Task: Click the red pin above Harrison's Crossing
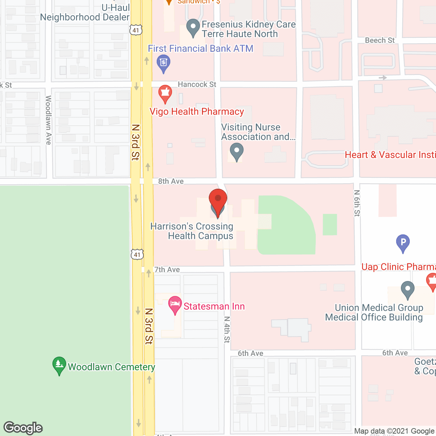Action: point(218,199)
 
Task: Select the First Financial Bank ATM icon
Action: point(163,63)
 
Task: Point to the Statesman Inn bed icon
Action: point(175,304)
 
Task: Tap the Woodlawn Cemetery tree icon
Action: point(59,365)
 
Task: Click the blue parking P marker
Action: point(403,242)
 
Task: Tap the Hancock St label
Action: point(197,84)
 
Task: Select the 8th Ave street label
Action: point(171,181)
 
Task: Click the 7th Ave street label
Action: point(167,270)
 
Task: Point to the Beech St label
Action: point(379,41)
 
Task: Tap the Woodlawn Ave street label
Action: point(48,120)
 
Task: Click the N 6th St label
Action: point(357,203)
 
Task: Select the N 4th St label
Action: point(227,329)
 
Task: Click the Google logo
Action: point(23,428)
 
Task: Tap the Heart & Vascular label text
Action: point(390,155)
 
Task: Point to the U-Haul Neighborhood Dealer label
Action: point(85,13)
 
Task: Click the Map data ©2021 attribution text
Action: point(394,431)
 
